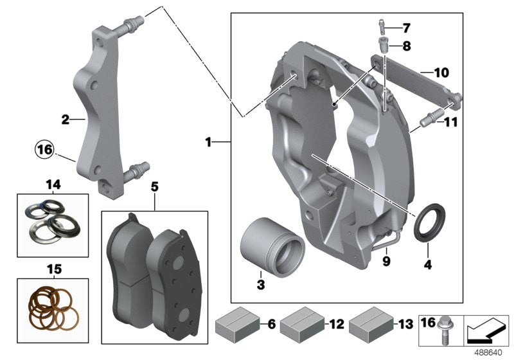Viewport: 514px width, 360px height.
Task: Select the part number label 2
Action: (66, 119)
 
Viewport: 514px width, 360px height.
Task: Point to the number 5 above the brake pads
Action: (154, 188)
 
